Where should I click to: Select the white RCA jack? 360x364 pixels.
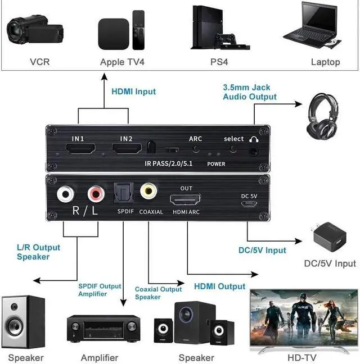coord(66,194)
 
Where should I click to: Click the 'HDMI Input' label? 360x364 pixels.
coord(133,91)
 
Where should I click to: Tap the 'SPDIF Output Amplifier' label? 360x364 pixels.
coord(100,290)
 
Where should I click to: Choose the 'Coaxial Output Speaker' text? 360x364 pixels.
coord(158,293)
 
